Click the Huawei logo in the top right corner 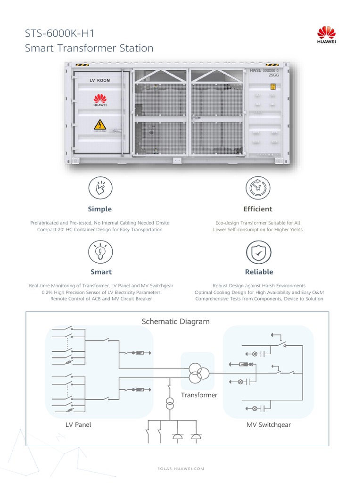[x=326, y=35]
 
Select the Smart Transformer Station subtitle [x=89, y=48]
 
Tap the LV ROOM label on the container [x=100, y=81]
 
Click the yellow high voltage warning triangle [x=99, y=125]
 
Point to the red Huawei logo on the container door [x=99, y=100]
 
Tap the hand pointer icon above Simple [x=100, y=188]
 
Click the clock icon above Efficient [x=258, y=188]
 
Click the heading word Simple [x=100, y=209]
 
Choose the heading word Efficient [x=258, y=209]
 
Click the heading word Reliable [x=259, y=272]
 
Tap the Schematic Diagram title [x=175, y=322]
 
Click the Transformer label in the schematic [x=199, y=395]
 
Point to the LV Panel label [x=78, y=425]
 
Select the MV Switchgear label [x=269, y=425]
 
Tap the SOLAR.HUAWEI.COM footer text [x=181, y=468]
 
